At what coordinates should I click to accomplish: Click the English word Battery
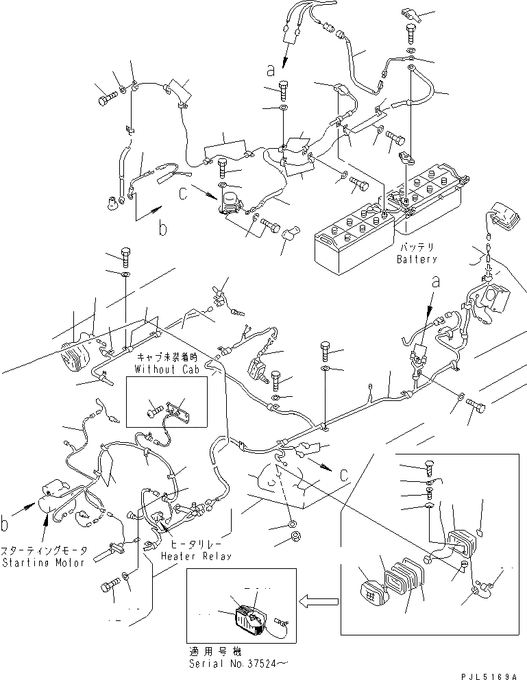click(417, 260)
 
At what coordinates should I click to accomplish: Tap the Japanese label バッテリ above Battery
click(417, 247)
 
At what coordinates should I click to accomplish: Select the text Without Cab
click(167, 369)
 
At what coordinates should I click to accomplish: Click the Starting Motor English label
click(44, 563)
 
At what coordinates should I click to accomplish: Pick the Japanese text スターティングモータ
click(44, 551)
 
